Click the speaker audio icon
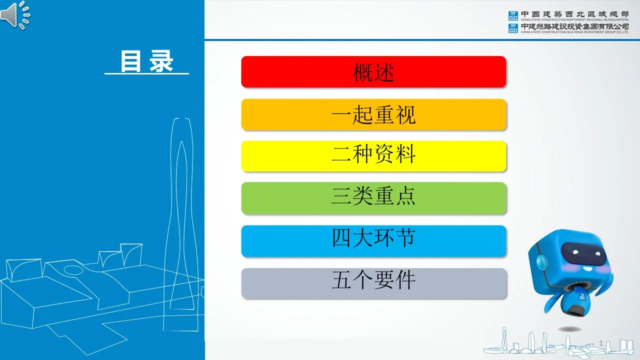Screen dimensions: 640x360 coord(15,15)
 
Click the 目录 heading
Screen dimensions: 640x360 coord(146,61)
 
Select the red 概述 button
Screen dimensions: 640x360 coord(373,72)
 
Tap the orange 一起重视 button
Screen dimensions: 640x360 coord(373,114)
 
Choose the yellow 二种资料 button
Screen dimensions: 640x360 coord(373,156)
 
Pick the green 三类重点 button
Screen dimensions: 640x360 coord(373,198)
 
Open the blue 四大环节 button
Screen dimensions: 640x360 coord(373,241)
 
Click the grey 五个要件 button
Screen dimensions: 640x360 coord(373,283)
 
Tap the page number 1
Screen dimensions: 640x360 coord(601,343)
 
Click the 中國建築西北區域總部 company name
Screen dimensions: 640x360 coord(574,14)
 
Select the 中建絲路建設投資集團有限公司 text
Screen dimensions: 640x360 coord(574,26)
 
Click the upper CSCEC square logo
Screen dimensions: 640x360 coord(513,15)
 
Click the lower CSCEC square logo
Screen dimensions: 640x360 coord(513,28)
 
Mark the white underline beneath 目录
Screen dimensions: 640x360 coord(146,73)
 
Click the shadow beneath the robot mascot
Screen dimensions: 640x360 coord(569,329)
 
